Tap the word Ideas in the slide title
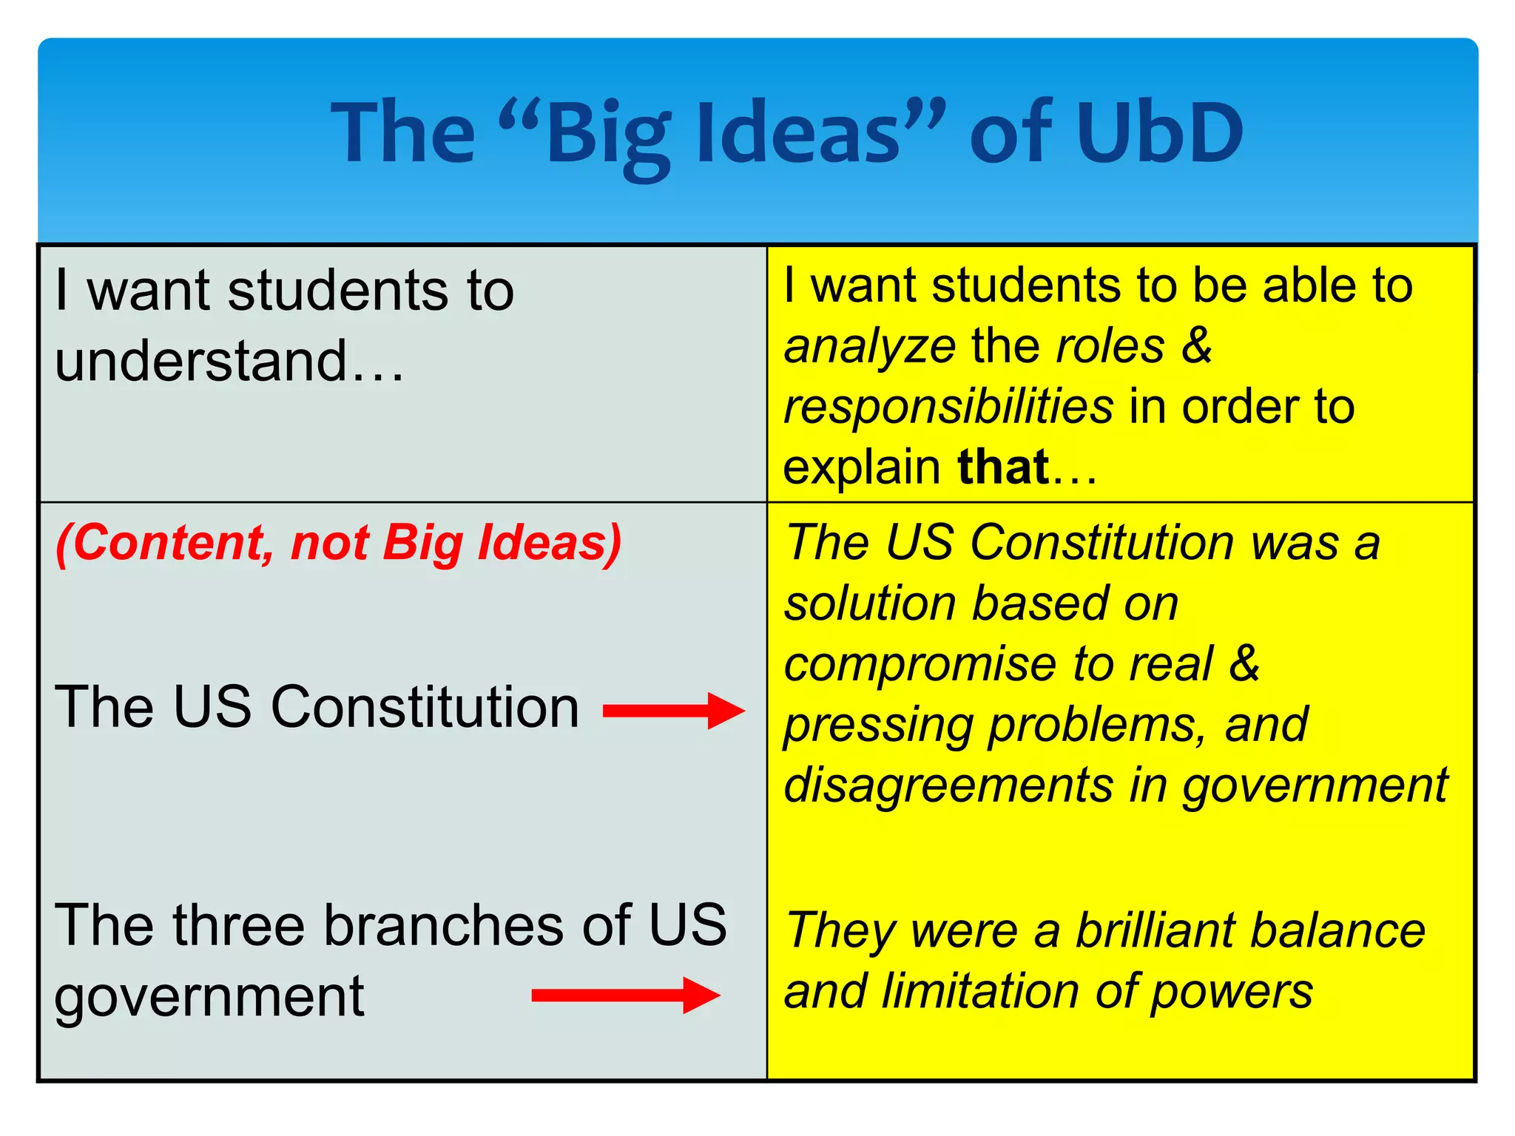799,134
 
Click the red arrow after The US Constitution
673,711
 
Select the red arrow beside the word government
625,995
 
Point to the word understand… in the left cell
229,362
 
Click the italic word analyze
869,348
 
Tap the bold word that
1002,467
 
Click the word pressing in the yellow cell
877,726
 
